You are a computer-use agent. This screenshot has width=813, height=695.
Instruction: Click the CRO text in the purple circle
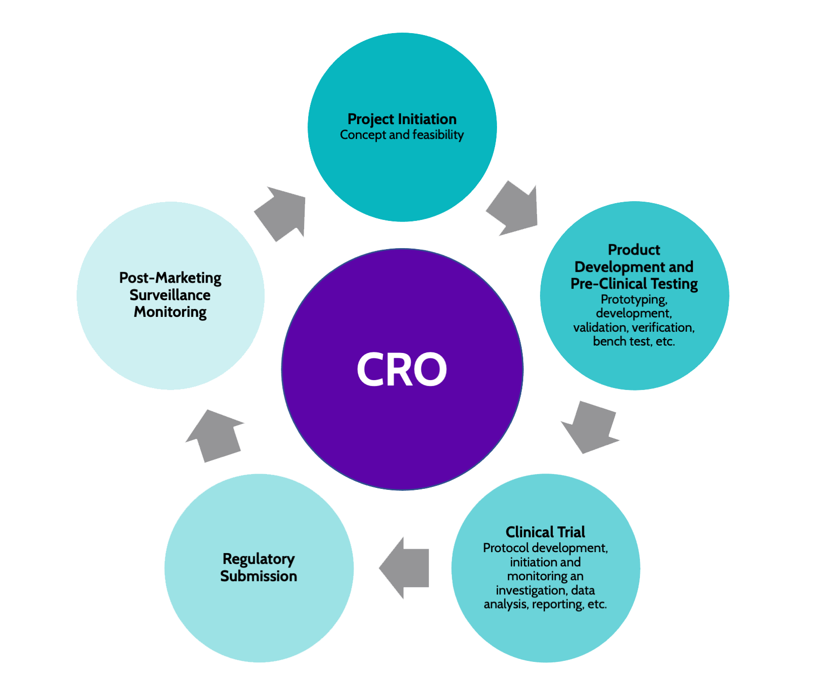pos(402,369)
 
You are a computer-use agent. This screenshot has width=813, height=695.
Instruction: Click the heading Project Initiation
pos(402,119)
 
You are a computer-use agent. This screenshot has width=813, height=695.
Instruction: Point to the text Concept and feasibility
pos(402,135)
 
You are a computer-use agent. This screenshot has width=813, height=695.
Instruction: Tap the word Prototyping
pos(634,300)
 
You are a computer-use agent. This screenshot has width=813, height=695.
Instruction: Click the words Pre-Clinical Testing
pos(634,284)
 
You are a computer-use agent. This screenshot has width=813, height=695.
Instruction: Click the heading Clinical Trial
pos(545,532)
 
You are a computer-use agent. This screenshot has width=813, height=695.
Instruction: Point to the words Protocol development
pos(544,548)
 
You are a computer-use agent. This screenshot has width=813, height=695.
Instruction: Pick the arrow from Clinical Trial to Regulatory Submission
pos(404,568)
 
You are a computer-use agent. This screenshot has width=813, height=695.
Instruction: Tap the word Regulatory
pos(259,559)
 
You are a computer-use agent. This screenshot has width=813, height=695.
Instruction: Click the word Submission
pos(259,576)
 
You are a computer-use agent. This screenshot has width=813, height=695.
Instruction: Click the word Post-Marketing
pos(170,278)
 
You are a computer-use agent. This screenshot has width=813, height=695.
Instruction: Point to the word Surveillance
pos(170,295)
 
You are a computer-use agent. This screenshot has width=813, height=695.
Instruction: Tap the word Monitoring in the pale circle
pos(170,312)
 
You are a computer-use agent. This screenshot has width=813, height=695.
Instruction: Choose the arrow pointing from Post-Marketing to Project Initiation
pos(280,214)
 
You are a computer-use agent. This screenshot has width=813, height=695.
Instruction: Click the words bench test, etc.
pos(634,342)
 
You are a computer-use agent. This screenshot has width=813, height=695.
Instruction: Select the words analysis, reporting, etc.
pos(545,605)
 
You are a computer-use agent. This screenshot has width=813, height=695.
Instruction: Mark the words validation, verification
pos(634,328)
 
